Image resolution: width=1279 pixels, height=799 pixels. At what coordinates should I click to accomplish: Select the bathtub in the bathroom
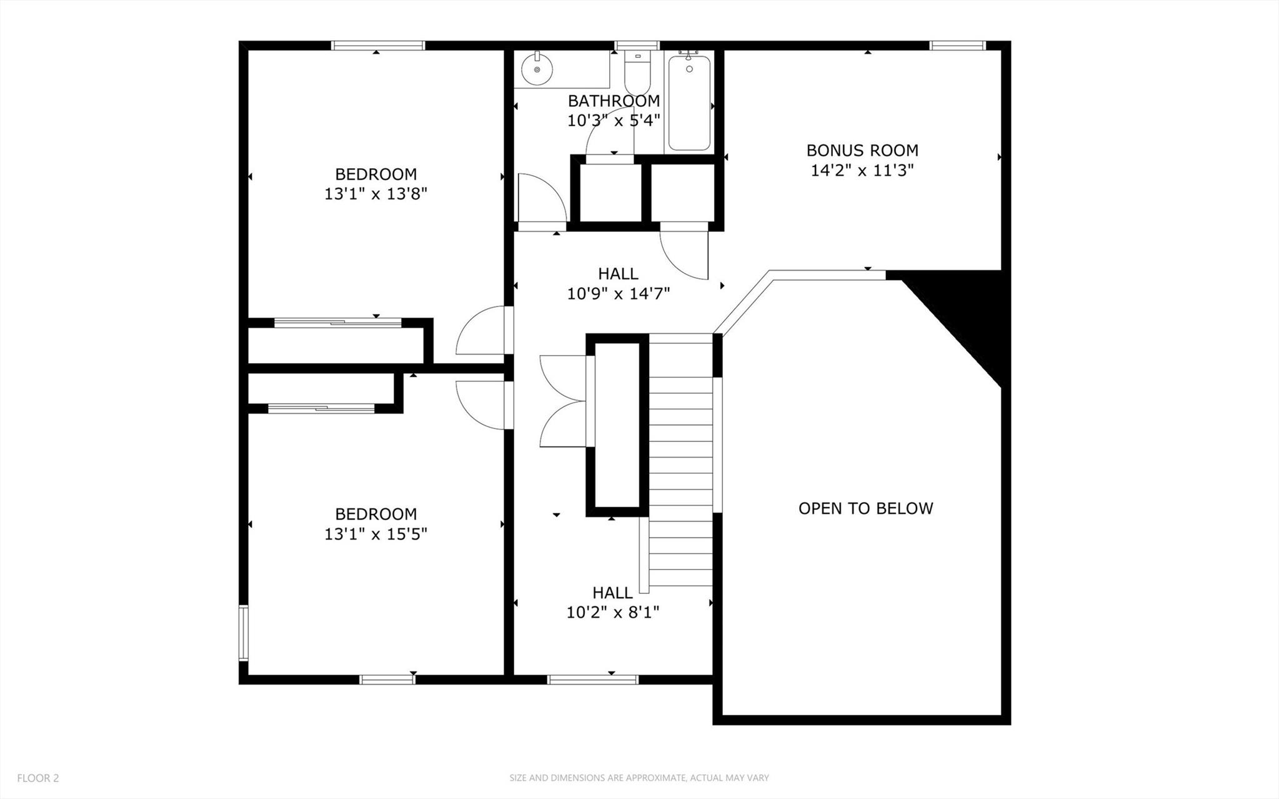tap(689, 103)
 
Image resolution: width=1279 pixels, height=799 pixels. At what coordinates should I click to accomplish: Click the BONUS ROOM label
tap(862, 151)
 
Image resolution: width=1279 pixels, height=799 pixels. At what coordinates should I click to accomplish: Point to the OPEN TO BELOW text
tap(865, 508)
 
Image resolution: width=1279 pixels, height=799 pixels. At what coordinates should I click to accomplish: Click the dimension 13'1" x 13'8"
tap(376, 194)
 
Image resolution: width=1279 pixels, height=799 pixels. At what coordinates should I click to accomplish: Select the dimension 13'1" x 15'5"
tap(376, 534)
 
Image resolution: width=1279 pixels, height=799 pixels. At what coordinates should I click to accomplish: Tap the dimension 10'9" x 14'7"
tap(618, 293)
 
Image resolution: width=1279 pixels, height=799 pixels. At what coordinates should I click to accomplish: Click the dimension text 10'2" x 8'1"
tap(613, 612)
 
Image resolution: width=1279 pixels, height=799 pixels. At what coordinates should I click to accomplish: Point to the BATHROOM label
tap(614, 101)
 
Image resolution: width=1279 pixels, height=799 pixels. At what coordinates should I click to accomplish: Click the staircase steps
tap(680, 463)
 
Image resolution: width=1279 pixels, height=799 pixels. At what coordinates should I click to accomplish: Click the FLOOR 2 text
tap(38, 778)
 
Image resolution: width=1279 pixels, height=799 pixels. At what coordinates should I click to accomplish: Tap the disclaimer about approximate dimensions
tap(639, 778)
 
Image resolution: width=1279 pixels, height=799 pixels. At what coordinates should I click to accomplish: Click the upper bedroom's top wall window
tap(378, 45)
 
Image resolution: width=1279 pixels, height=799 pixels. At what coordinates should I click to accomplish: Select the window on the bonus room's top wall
tap(957, 45)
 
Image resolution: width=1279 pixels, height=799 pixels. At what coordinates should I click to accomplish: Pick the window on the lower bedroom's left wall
tap(244, 632)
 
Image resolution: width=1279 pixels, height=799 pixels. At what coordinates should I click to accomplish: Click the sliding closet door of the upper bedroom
tap(338, 323)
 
